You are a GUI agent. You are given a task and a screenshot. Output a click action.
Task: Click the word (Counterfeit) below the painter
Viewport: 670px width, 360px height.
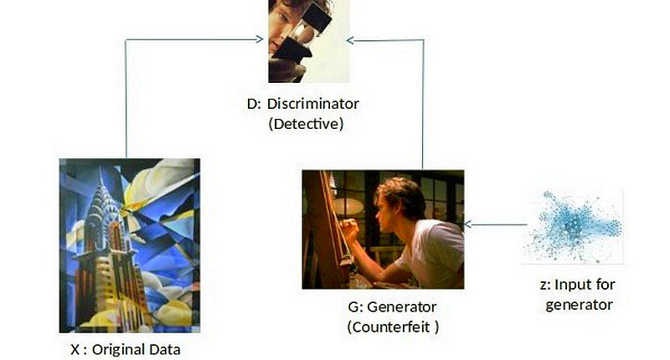point(392,327)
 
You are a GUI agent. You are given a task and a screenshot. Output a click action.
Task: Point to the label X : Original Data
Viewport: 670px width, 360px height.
point(126,348)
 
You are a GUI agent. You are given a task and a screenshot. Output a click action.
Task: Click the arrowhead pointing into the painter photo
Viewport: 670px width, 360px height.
point(469,224)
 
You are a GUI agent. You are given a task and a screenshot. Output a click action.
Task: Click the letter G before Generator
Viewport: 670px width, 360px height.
point(340,306)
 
